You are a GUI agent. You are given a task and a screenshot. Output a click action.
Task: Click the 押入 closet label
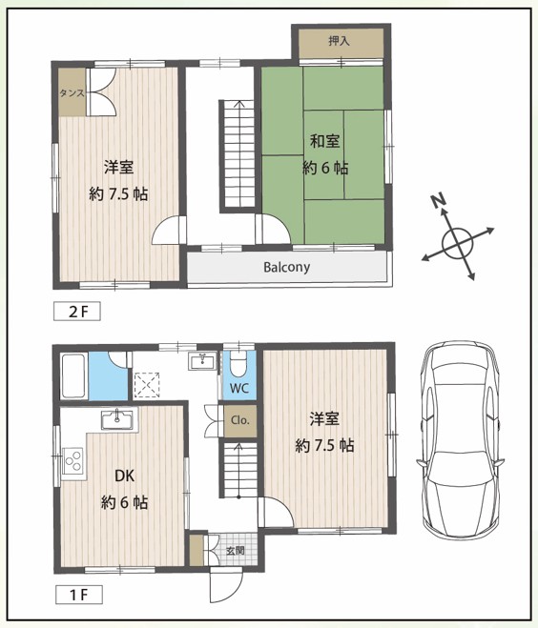340,40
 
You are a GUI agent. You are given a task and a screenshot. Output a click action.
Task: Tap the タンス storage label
72,93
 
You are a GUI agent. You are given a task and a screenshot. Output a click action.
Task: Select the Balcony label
286,267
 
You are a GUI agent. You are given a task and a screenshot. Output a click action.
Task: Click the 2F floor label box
77,312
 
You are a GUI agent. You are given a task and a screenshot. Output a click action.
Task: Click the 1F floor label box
78,595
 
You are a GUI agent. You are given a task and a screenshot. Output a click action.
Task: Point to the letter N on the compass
439,200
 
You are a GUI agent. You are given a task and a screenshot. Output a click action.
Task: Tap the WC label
239,388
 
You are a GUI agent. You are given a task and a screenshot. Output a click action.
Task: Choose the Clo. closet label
240,420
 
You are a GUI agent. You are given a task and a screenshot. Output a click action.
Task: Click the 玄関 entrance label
236,550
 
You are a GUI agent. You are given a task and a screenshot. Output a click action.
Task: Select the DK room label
125,476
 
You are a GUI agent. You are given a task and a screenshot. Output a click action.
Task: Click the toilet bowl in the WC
239,364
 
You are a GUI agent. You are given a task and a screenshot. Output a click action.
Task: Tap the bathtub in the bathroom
73,375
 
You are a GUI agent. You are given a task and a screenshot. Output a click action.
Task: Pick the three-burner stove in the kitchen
72,461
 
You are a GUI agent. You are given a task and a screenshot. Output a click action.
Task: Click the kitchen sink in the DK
116,420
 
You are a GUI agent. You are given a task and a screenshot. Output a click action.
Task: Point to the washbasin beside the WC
202,361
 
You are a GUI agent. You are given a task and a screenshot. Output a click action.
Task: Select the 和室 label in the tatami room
325,141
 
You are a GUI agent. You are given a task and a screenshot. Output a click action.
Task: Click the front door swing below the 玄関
226,586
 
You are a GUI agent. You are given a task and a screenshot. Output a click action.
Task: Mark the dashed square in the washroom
147,385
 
